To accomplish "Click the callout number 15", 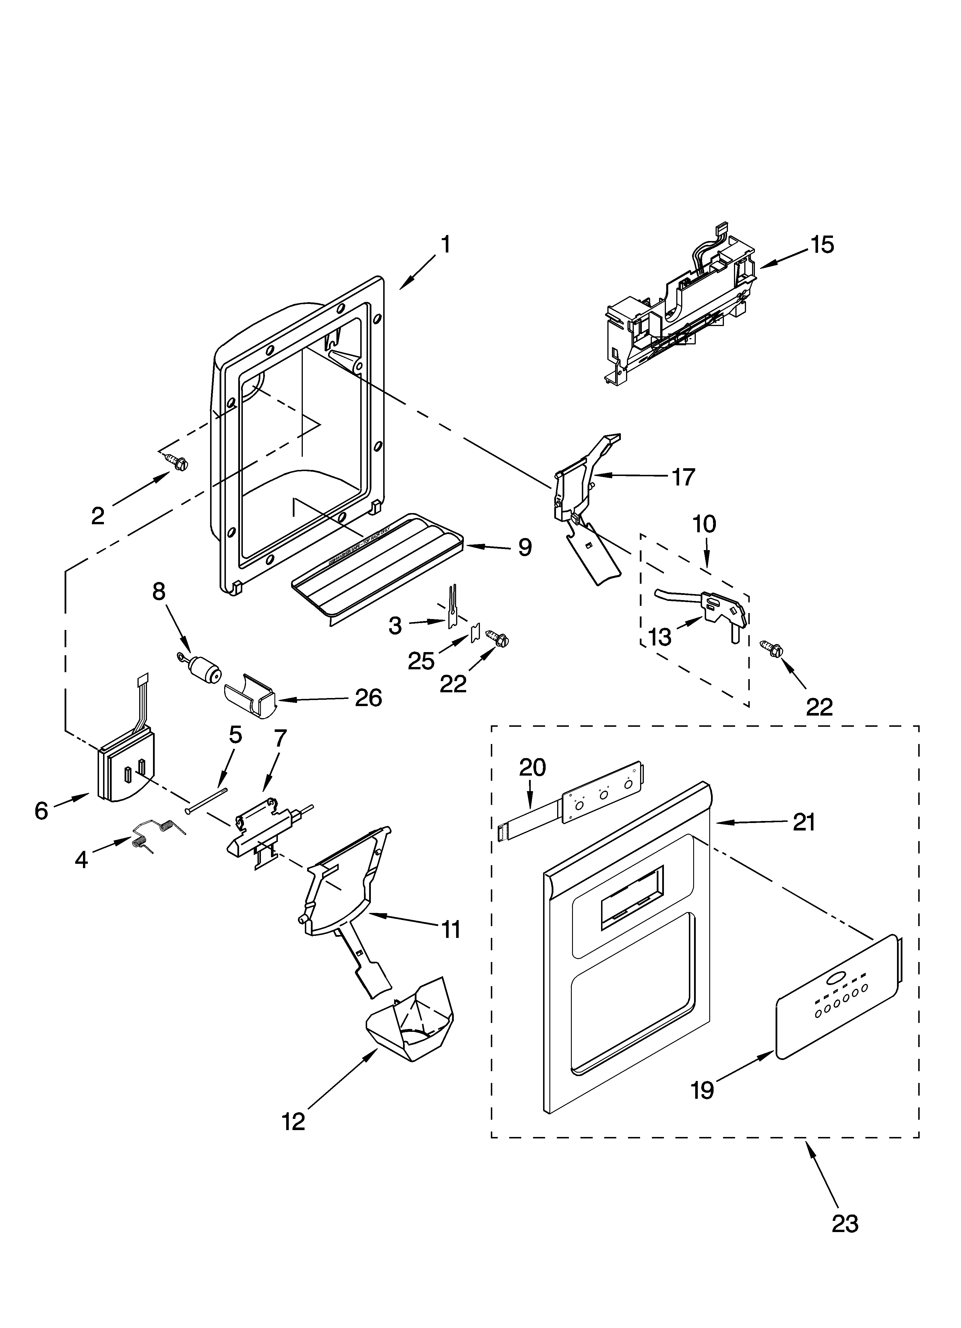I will click(x=822, y=245).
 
